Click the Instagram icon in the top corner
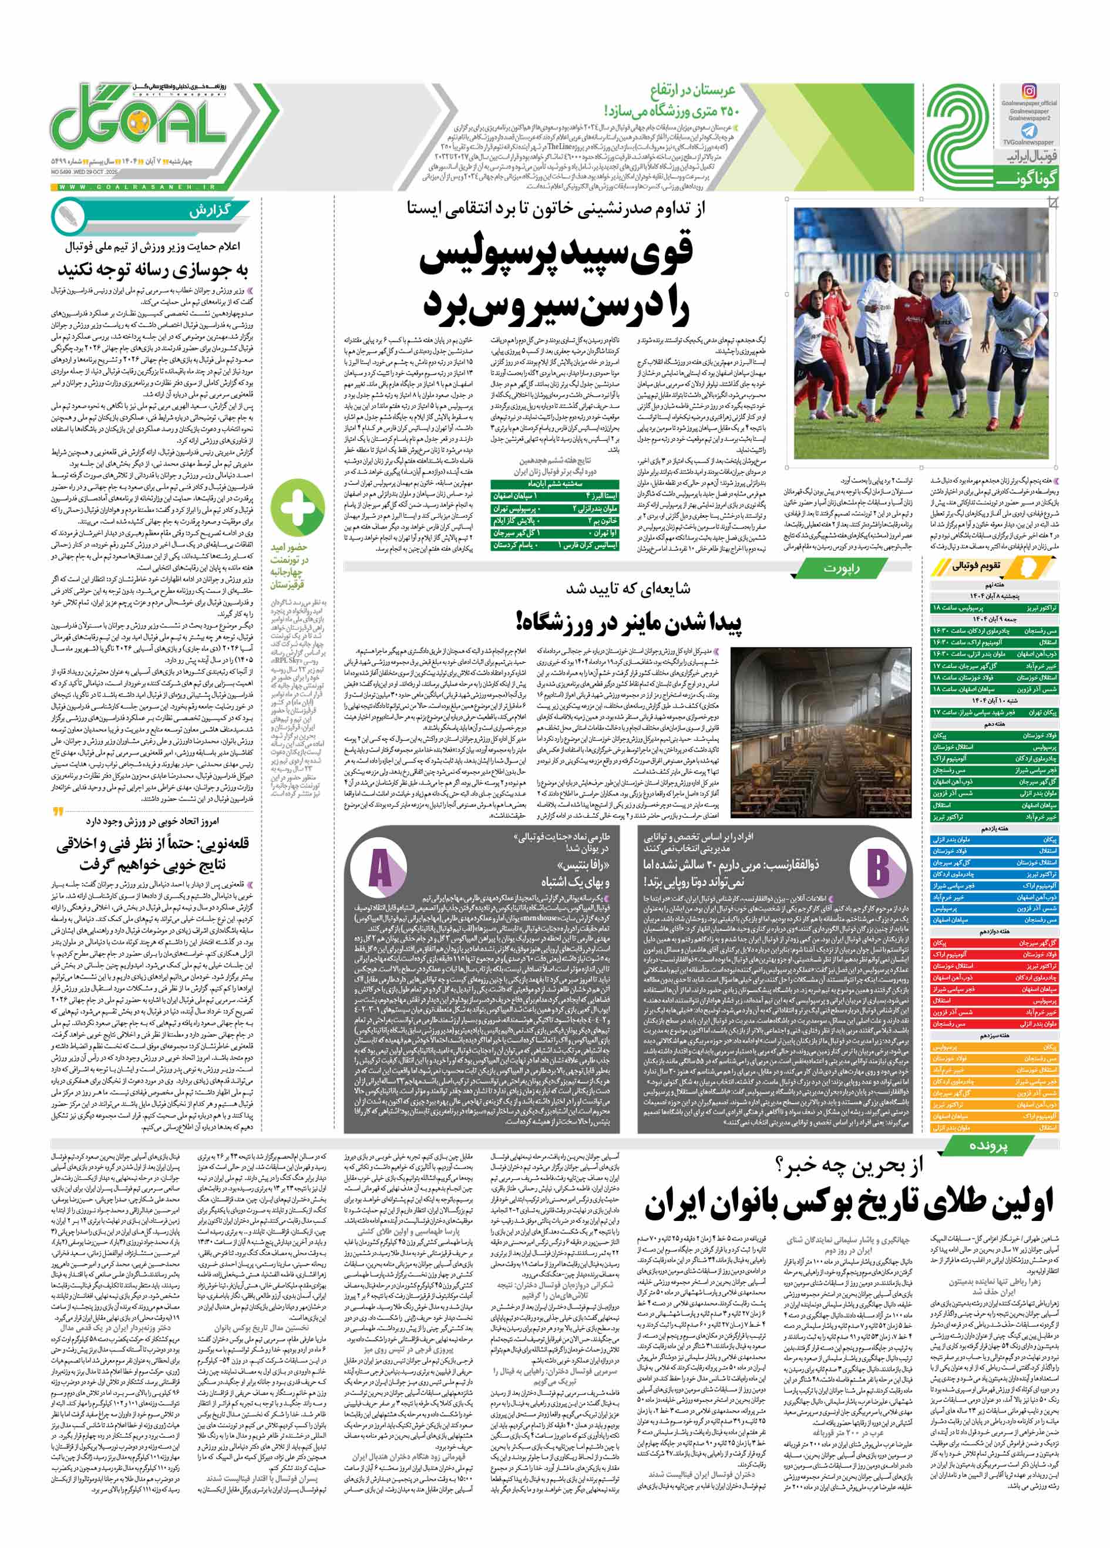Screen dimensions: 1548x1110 coord(1028,91)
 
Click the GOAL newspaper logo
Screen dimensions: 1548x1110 coord(140,127)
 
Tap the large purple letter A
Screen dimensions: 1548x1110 coord(379,869)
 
